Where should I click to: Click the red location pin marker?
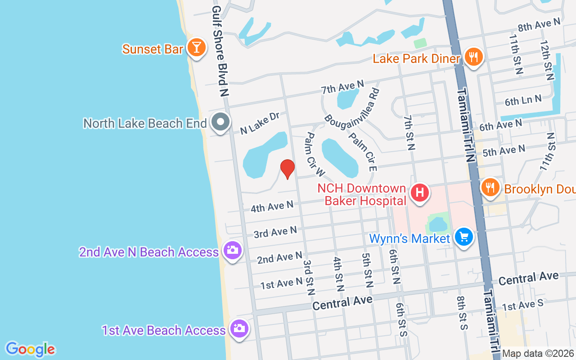[287, 168]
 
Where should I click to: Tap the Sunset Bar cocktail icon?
[196, 47]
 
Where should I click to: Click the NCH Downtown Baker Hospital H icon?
[420, 193]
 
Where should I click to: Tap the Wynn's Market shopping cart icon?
[463, 237]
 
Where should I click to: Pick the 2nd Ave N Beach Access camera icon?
[233, 250]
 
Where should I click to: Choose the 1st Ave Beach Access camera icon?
[239, 328]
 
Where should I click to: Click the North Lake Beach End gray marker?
[220, 121]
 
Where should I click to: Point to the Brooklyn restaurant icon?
[490, 187]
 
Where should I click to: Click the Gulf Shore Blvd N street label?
[220, 50]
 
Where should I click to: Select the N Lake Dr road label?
[260, 123]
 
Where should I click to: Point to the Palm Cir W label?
[315, 154]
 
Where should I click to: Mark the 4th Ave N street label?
[272, 207]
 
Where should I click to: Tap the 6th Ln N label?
[522, 100]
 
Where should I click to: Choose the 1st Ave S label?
[522, 305]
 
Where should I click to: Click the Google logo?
[30, 349]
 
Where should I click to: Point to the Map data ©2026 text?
[538, 354]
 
